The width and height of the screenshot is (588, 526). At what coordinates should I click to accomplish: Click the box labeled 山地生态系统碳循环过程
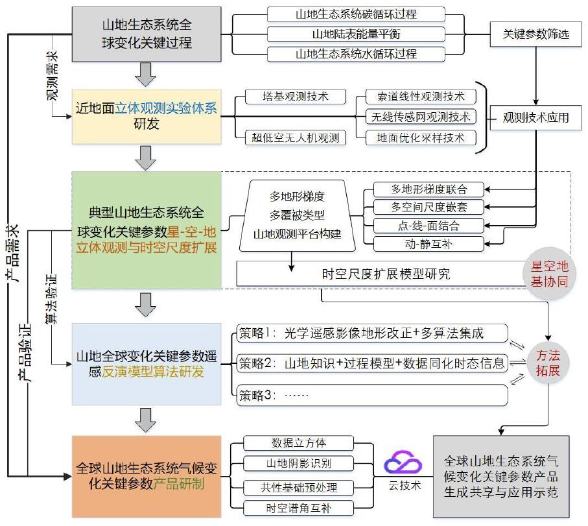coord(356,14)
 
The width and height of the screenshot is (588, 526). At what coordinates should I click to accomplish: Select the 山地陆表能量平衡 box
coord(356,34)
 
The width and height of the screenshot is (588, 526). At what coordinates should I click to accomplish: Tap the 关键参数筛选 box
coord(535,34)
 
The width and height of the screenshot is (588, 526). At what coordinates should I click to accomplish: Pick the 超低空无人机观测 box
coord(295,137)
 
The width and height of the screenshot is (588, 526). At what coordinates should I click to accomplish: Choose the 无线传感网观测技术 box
coord(420,117)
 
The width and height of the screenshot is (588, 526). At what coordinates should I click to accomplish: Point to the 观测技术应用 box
coord(535,117)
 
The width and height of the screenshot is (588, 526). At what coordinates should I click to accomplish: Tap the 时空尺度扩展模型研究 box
coord(386,274)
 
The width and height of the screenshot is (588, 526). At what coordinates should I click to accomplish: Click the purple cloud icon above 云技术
coord(403,464)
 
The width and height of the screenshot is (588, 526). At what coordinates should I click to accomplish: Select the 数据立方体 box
coord(299,444)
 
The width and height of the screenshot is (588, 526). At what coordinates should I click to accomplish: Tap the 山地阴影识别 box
coord(299,464)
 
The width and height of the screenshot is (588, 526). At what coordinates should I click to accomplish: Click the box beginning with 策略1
coord(370,333)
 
